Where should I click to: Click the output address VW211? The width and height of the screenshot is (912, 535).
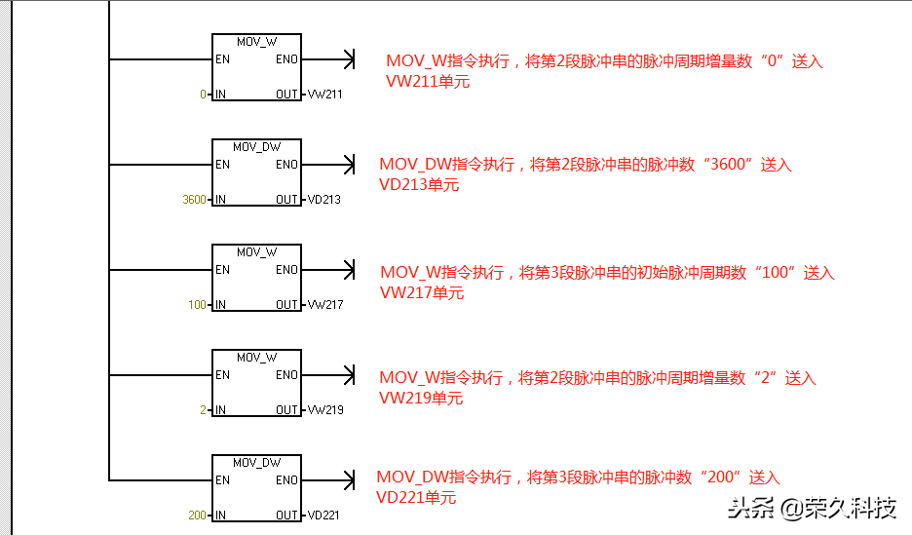click(324, 95)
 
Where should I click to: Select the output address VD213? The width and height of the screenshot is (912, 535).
click(324, 200)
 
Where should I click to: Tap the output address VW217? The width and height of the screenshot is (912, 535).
click(324, 305)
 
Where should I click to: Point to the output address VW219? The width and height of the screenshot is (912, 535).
click(324, 410)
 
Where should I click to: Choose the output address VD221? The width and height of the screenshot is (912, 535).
click(323, 516)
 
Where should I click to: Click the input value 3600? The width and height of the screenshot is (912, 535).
click(194, 200)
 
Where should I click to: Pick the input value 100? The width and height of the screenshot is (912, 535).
click(198, 305)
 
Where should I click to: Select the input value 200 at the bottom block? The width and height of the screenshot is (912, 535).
click(198, 516)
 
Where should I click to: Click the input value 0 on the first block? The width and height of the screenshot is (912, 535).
click(203, 95)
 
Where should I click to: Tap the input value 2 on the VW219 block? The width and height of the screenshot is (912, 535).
click(203, 410)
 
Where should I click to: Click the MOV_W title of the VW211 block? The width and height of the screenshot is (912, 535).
click(256, 42)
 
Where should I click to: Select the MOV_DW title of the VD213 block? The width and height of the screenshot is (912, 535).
click(256, 147)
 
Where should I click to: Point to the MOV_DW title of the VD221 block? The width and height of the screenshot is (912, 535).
click(256, 463)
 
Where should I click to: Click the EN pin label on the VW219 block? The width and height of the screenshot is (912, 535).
click(223, 375)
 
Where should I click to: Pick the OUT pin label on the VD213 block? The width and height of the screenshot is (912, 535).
click(286, 200)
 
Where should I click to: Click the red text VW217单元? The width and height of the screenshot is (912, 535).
click(422, 292)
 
